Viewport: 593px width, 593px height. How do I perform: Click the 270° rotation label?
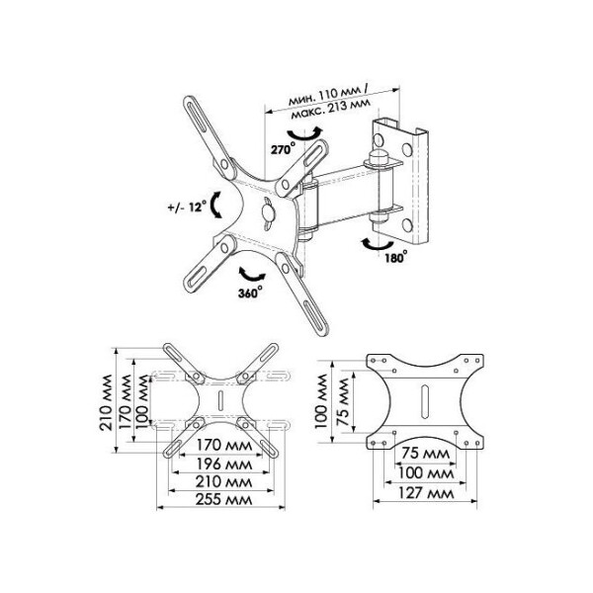tap(283, 149)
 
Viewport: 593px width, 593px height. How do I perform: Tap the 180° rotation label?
tap(396, 257)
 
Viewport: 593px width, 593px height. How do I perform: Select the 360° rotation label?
tap(250, 293)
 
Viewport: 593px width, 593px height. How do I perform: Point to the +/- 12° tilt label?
tap(187, 207)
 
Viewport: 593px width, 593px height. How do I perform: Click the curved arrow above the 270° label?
tap(304, 134)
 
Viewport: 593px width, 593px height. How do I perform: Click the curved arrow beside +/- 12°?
tap(214, 205)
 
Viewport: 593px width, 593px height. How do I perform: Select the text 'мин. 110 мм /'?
tap(328, 95)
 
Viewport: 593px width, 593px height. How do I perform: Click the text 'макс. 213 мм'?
tap(331, 108)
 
